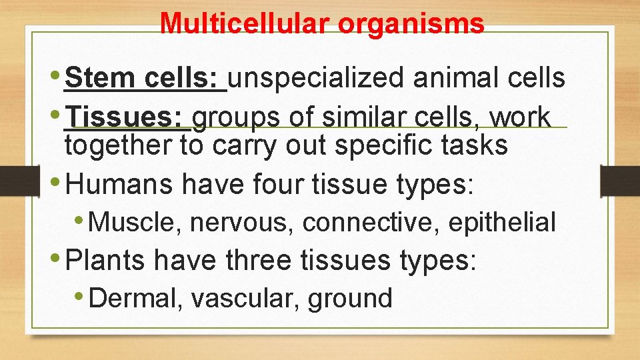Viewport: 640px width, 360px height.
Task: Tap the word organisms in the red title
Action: click(411, 23)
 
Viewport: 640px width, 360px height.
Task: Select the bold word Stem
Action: click(101, 77)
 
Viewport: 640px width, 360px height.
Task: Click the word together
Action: click(119, 145)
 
